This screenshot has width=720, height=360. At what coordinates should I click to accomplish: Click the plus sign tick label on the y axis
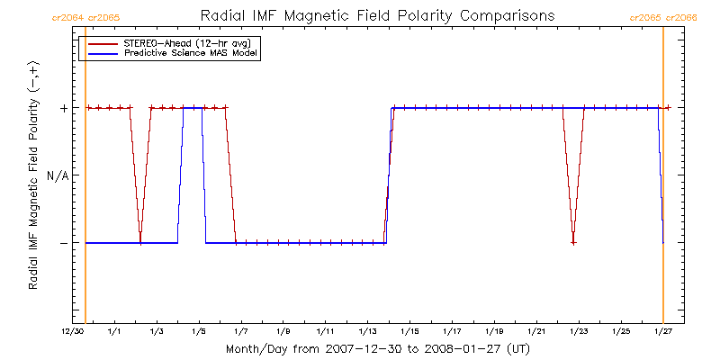(x=64, y=108)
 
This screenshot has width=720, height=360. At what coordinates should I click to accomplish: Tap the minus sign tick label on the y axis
(x=64, y=243)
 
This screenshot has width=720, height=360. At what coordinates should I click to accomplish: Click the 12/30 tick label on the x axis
(x=73, y=332)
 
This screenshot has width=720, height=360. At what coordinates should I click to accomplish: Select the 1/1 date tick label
(x=114, y=332)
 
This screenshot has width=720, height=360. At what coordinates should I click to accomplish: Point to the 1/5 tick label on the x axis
(x=199, y=332)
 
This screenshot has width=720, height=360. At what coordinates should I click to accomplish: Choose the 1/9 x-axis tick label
(x=283, y=332)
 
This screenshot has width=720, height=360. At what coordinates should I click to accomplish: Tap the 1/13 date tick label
(x=367, y=332)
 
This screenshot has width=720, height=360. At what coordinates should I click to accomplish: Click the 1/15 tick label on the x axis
(x=409, y=332)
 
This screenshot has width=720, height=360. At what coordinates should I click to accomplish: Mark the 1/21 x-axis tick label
(x=536, y=332)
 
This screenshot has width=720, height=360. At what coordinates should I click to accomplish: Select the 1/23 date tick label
(x=579, y=332)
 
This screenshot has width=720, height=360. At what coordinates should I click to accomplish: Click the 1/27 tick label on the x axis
(x=663, y=332)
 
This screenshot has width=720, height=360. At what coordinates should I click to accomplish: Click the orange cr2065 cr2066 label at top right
(x=663, y=17)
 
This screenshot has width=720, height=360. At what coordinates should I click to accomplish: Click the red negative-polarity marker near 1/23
(x=573, y=243)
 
